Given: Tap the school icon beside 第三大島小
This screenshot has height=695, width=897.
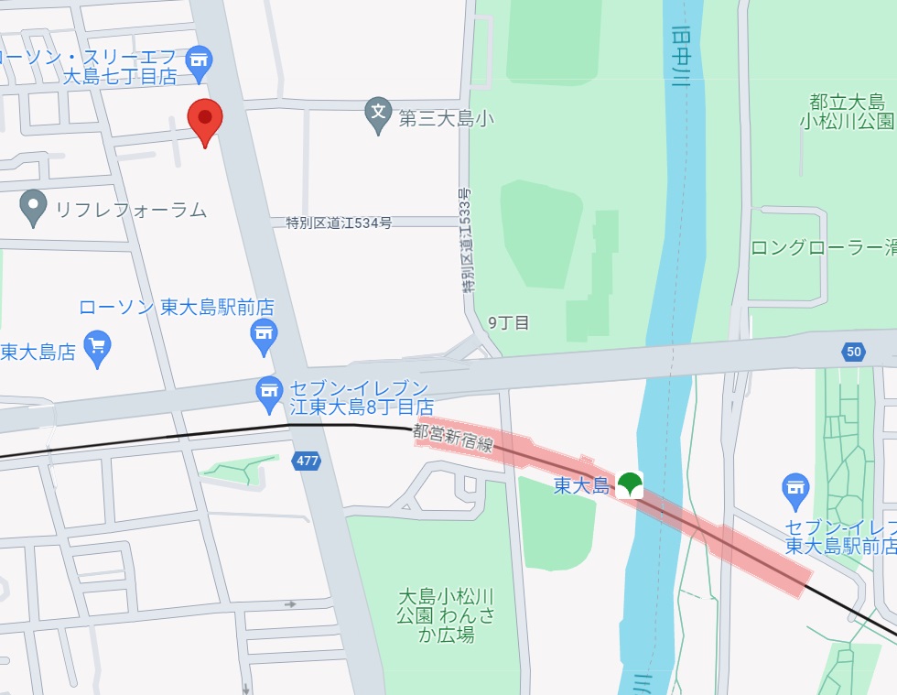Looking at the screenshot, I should tap(378, 114).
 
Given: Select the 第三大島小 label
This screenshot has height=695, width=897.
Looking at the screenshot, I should tap(439, 117).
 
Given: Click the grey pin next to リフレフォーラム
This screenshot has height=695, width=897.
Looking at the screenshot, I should tap(34, 206).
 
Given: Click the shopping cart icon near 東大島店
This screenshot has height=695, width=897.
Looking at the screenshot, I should tap(97, 347).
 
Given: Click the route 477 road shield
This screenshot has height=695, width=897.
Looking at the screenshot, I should tap(307, 461).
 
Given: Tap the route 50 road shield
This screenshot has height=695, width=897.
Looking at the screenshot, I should tap(854, 352).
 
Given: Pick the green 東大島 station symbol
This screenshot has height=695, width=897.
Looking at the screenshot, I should tap(629, 484).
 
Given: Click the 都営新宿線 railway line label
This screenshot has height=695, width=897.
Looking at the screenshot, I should tap(453, 438).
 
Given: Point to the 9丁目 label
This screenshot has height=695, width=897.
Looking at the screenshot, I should tap(509, 322).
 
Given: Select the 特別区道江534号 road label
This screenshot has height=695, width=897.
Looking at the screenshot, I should tap(339, 223).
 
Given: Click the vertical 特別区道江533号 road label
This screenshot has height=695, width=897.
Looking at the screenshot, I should tap(466, 240).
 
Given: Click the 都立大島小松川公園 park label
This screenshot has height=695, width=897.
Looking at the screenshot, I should tap(847, 110).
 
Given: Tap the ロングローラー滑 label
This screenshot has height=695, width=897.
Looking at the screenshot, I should tap(823, 247).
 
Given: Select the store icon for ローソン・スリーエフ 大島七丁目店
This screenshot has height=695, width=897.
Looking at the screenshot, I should tap(199, 61).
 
